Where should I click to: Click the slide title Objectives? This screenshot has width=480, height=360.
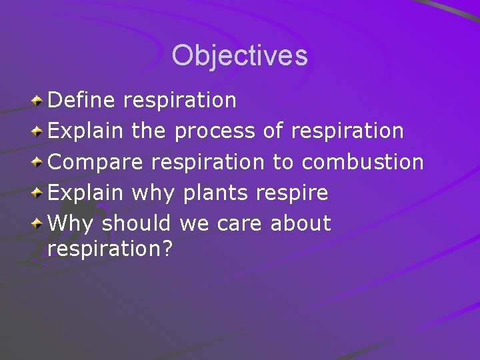click(x=239, y=55)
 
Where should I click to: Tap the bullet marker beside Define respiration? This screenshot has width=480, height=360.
click(x=39, y=101)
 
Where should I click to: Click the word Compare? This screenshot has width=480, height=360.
click(x=96, y=162)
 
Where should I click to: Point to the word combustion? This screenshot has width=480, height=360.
click(x=363, y=162)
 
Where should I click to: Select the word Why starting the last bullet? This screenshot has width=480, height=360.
click(x=71, y=224)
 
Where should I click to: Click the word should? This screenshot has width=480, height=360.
click(x=136, y=224)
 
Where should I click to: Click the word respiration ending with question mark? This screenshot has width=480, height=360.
click(x=110, y=249)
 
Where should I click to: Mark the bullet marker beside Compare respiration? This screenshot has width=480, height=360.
click(x=39, y=162)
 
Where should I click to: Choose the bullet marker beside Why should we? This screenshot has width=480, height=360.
click(x=39, y=223)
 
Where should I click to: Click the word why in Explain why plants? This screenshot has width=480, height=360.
click(x=153, y=193)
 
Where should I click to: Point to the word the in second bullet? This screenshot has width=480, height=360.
click(x=149, y=131)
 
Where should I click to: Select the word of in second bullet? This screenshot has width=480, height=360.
click(x=273, y=131)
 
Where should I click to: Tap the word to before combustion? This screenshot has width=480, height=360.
click(x=283, y=162)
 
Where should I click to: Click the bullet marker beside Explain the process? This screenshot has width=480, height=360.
click(x=39, y=131)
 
